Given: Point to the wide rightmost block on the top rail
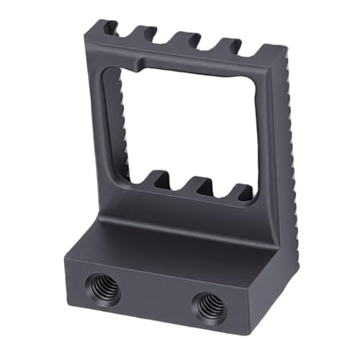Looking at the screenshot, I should point(268,54).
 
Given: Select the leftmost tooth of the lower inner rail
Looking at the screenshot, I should point(158,176).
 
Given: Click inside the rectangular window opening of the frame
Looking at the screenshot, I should point(187,122).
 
